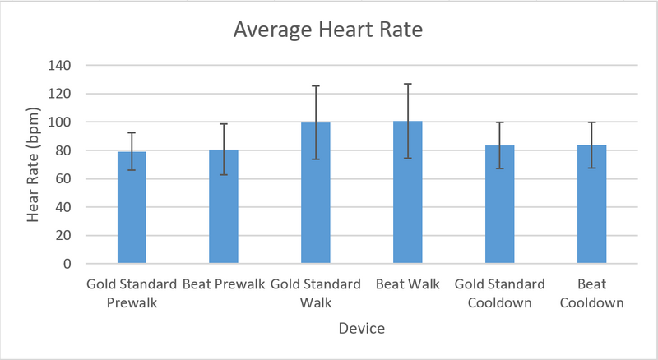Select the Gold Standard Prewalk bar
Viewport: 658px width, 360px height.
tap(132, 208)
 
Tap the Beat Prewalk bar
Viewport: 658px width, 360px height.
tap(224, 207)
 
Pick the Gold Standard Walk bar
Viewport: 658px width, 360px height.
tap(316, 193)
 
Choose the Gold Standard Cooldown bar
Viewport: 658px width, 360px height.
tap(499, 205)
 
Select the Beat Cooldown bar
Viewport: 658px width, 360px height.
tap(591, 205)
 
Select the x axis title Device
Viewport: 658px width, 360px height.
tap(362, 329)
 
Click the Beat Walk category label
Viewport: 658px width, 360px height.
tap(408, 284)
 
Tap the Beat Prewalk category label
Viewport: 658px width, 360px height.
tap(224, 284)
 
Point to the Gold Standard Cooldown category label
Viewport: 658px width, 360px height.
tap(499, 293)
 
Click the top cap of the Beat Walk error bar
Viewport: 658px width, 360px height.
tap(408, 84)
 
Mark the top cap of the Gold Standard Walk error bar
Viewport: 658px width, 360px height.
tap(316, 85)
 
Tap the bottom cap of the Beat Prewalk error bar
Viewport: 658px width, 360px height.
tap(224, 174)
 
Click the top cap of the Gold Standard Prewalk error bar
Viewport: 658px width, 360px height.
tap(132, 132)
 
